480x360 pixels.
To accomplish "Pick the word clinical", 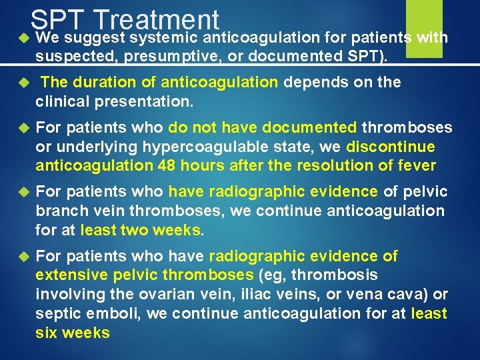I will [x=65, y=103].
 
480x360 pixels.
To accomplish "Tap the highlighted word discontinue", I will [x=391, y=147].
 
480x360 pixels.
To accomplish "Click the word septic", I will [x=57, y=313].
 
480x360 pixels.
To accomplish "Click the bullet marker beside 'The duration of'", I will [x=21, y=83].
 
